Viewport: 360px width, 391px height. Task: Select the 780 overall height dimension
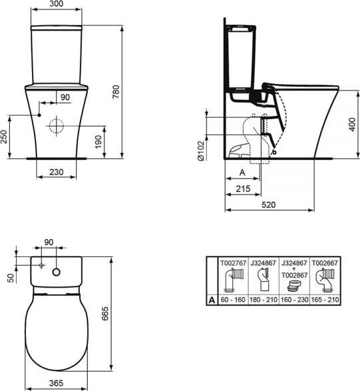[x=117, y=95]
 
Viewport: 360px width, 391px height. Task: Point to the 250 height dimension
[x=5, y=136]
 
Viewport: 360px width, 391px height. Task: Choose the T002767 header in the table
[x=232, y=264]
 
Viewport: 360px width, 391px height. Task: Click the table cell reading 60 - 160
[x=232, y=300]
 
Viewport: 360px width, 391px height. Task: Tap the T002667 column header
[x=323, y=264]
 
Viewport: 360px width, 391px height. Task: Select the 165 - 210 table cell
[x=323, y=300]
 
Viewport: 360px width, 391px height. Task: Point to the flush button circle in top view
[x=59, y=271]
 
